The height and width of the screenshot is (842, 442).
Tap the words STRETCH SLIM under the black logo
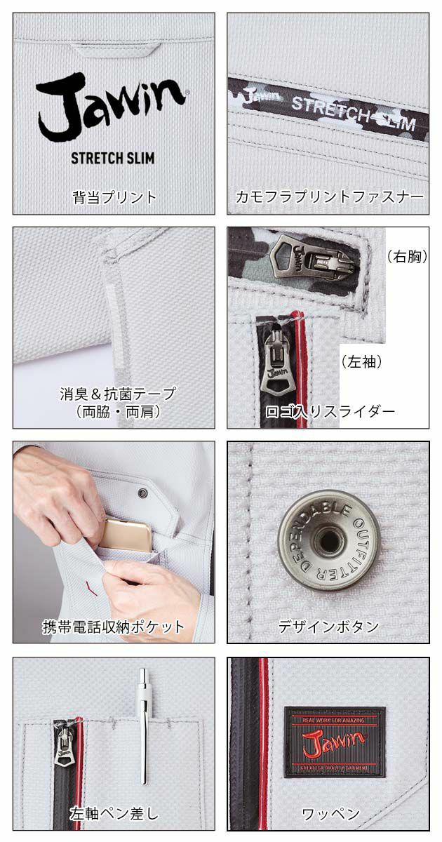click(x=112, y=158)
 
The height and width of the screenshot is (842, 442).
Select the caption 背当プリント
click(x=114, y=197)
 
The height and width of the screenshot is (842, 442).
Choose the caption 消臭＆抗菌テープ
click(x=118, y=394)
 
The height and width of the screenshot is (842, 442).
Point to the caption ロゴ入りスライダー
click(x=330, y=411)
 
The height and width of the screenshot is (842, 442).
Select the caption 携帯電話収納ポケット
click(x=114, y=627)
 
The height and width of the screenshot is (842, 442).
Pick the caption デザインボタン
click(x=328, y=627)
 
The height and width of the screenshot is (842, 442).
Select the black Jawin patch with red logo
click(x=335, y=742)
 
